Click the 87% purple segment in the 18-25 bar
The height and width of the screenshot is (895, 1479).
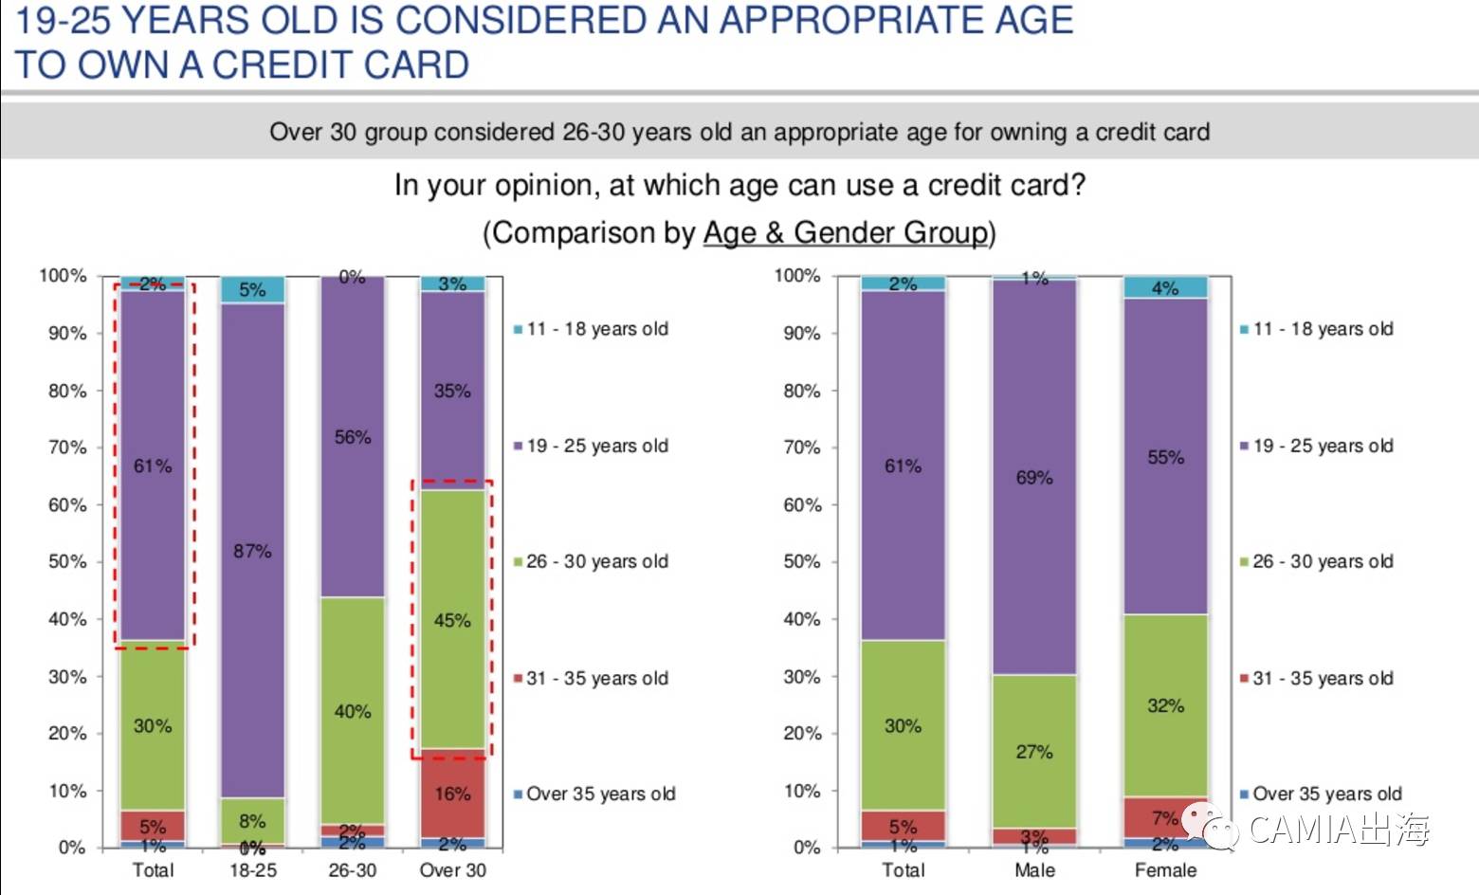point(252,550)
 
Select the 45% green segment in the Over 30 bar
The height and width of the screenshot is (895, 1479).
point(452,619)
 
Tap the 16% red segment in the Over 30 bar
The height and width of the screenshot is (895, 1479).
point(452,794)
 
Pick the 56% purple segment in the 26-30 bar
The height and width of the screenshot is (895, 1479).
point(353,437)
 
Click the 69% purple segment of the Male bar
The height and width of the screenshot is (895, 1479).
point(1034,477)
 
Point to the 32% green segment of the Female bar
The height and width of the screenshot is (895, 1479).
point(1165,705)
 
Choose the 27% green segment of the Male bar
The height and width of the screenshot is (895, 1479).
point(1034,751)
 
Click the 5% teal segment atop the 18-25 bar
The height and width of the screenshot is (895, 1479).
point(252,289)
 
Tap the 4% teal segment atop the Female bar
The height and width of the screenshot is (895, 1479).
point(1165,287)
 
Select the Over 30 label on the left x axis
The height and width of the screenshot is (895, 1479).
point(452,870)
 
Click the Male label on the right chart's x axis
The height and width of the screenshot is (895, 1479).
point(1034,870)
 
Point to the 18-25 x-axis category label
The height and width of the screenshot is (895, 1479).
point(253,870)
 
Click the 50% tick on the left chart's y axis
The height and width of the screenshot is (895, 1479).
point(67,562)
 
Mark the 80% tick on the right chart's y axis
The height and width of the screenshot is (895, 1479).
point(802,391)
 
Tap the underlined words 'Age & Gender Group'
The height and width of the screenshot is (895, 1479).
point(846,232)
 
